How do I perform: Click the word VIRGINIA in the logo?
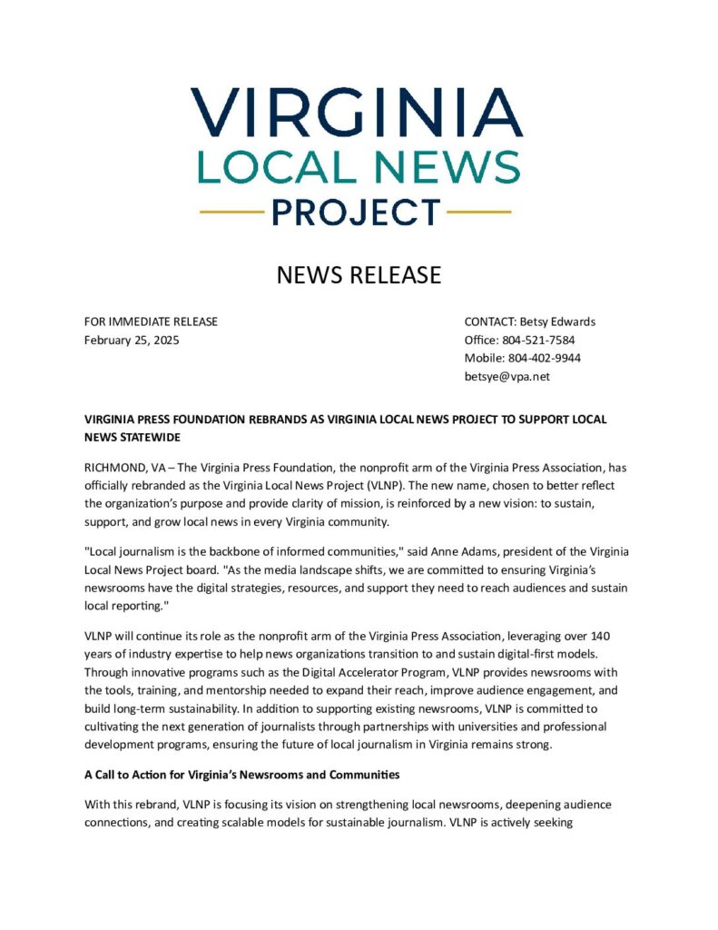click(x=357, y=113)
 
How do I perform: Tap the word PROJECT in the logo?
click(x=356, y=213)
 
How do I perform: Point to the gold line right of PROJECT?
click(x=479, y=213)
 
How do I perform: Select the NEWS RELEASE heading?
click(x=359, y=275)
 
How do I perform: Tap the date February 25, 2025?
click(x=132, y=340)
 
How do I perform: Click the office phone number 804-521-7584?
click(x=536, y=340)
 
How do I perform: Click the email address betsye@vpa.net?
click(x=507, y=376)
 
